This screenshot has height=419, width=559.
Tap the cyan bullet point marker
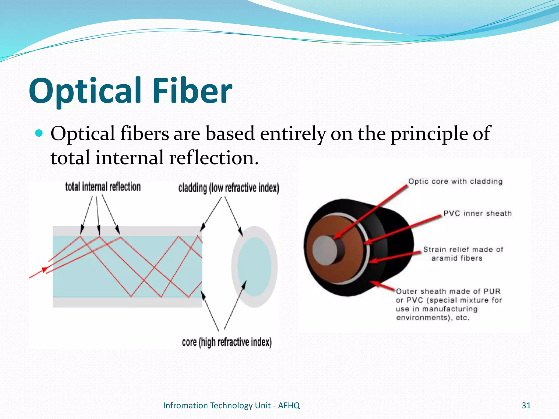(x=39, y=133)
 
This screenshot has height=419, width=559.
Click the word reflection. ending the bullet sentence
(x=213, y=158)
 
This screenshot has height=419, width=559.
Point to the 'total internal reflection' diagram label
(x=103, y=187)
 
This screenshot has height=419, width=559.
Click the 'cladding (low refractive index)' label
(x=228, y=188)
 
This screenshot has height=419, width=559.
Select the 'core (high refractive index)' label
(x=227, y=342)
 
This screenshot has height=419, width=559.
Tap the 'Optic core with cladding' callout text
(x=455, y=181)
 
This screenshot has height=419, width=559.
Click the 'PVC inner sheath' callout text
(x=477, y=213)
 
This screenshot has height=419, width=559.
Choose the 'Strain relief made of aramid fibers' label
(x=463, y=254)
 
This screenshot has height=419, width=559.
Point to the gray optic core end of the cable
(x=325, y=250)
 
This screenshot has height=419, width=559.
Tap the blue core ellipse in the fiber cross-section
(x=254, y=267)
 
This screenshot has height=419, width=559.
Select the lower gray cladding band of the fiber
(x=127, y=302)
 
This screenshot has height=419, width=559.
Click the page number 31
(x=526, y=405)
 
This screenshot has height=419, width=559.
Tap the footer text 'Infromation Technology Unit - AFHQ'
(x=231, y=405)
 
